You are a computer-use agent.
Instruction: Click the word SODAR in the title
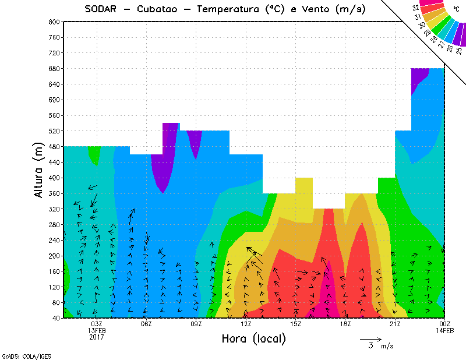[x=101, y=9]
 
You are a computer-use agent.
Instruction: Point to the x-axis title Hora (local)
[x=253, y=338]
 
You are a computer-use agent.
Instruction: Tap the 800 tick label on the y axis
[x=54, y=22]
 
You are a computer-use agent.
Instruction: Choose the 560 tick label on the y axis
[x=54, y=115]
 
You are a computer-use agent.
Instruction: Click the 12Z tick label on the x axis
[x=246, y=324]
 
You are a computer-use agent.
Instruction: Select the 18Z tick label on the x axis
[x=345, y=324]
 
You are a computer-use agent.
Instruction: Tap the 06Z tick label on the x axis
[x=147, y=324]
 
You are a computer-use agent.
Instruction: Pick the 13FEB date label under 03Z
[x=97, y=331]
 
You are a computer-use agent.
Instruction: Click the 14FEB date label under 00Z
[x=444, y=331]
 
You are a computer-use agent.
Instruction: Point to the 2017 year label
[x=97, y=337]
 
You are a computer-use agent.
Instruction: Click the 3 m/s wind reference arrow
[x=370, y=339]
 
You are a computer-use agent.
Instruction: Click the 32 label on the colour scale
[x=416, y=8]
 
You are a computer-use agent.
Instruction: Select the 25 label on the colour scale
[x=459, y=51]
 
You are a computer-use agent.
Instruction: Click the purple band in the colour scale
[x=460, y=35]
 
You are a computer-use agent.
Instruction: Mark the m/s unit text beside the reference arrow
[x=387, y=347]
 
